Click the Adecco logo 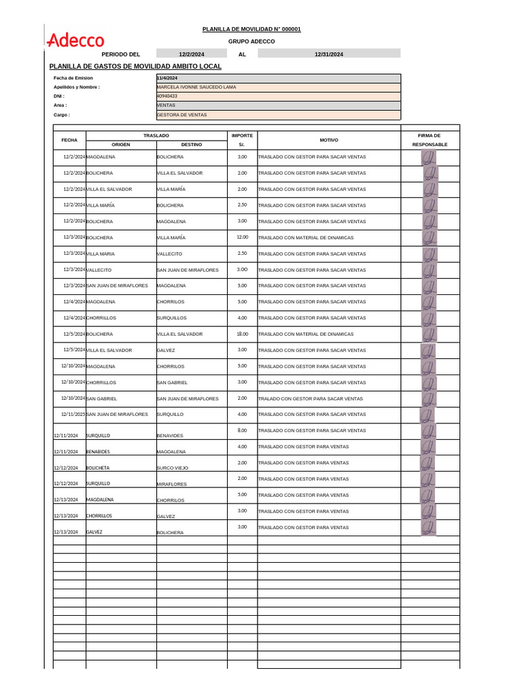[x=75, y=41]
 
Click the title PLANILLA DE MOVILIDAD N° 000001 [x=251, y=29]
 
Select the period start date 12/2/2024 [x=192, y=54]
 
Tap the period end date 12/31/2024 [x=329, y=54]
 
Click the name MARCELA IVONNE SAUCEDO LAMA [x=196, y=87]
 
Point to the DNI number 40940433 [x=167, y=97]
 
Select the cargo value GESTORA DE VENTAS [x=181, y=115]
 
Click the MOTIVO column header [x=329, y=140]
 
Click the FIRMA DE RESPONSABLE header [x=430, y=140]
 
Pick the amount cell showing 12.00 [x=242, y=237]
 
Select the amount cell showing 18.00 [x=242, y=334]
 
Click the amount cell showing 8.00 [x=242, y=430]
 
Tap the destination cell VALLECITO [x=170, y=254]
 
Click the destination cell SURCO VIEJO [x=173, y=468]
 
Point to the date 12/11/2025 [x=73, y=414]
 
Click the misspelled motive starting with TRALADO [x=311, y=398]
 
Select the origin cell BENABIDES [x=98, y=451]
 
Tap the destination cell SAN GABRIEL [x=173, y=383]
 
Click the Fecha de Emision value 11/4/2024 [x=167, y=78]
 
